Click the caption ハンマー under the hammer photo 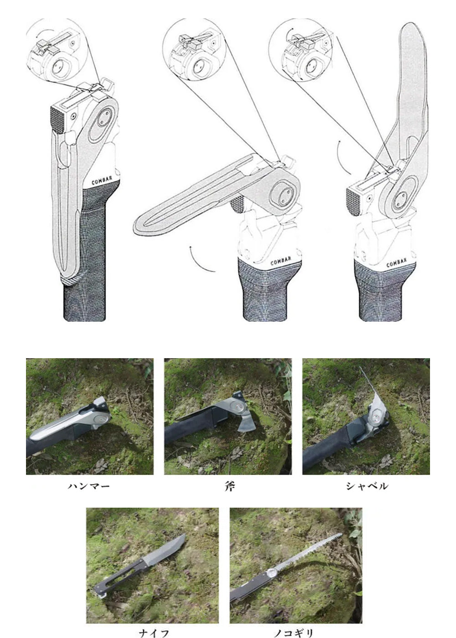88,486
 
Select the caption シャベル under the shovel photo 367,486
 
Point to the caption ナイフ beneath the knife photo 154,631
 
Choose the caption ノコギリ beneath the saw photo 294,631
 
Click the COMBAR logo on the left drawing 102,180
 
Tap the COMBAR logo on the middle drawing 281,261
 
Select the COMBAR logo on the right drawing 396,262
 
